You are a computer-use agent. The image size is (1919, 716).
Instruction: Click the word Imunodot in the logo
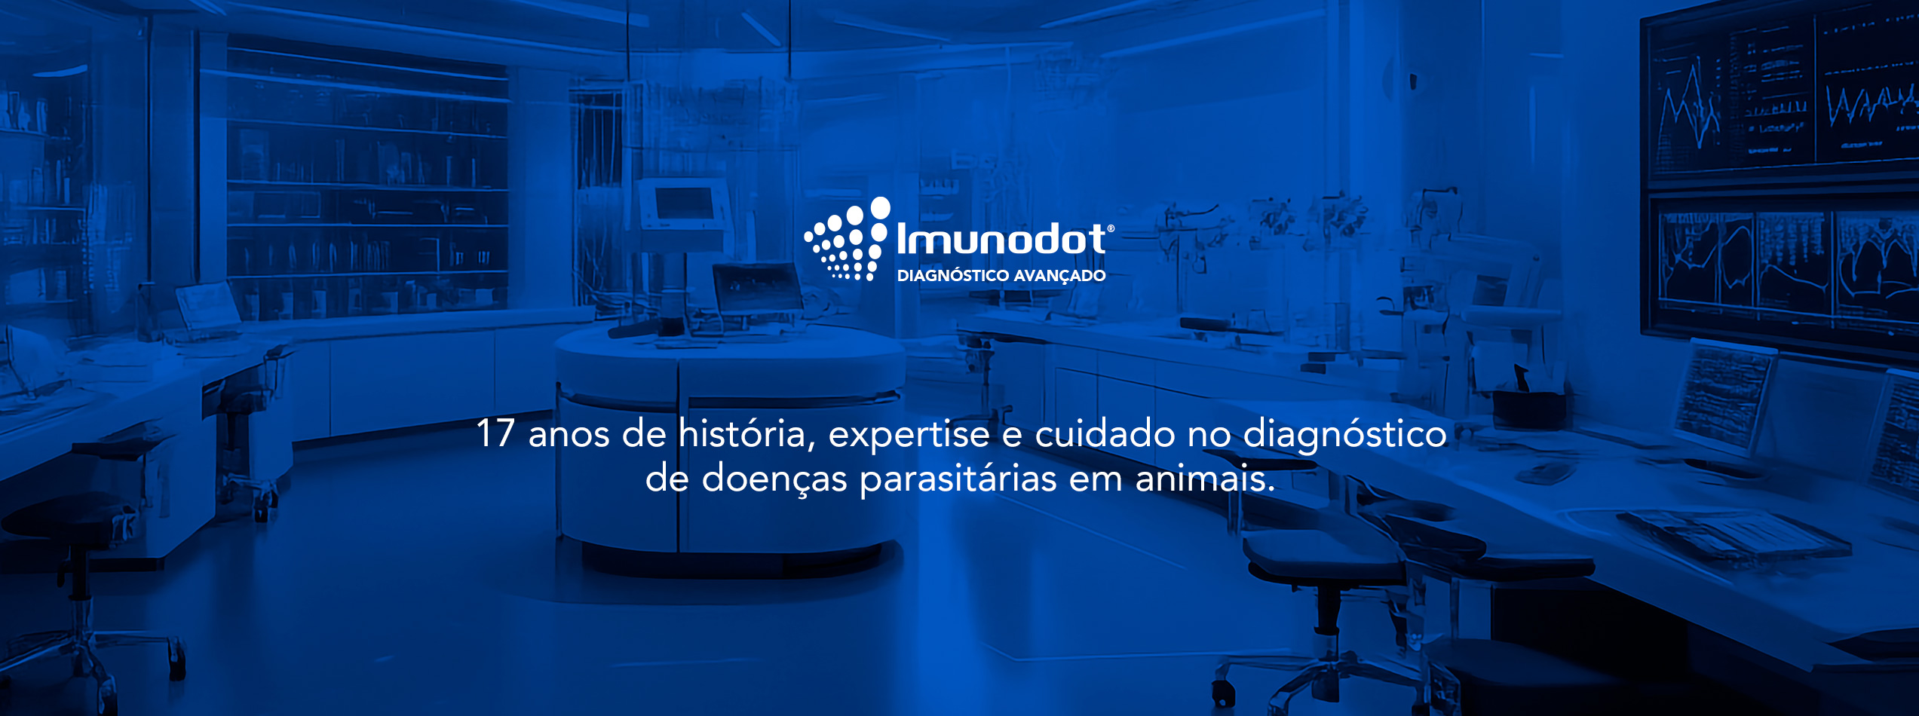point(1001,239)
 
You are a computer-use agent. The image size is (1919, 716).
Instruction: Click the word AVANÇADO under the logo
point(1059,276)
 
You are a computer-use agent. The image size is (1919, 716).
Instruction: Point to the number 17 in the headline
point(495,433)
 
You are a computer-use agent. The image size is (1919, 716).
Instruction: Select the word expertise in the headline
point(909,436)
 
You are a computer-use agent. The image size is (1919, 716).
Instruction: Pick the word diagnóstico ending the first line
point(1344,436)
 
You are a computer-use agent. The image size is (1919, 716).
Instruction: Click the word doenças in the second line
point(774,479)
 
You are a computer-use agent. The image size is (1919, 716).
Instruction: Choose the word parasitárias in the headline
point(958,480)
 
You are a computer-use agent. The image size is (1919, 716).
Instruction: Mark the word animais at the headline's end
point(1205,479)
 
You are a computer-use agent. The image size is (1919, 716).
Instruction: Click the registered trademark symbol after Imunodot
point(1111,228)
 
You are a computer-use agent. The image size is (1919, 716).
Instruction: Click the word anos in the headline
point(569,436)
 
